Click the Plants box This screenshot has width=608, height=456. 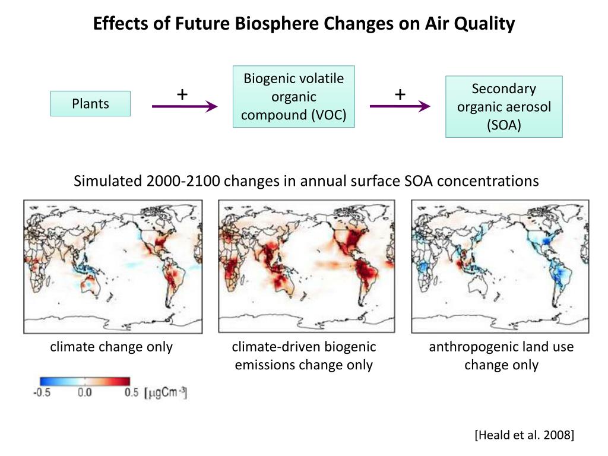pyautogui.click(x=90, y=103)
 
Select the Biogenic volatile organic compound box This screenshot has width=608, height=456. pyautogui.click(x=293, y=97)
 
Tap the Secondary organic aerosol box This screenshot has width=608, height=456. pyautogui.click(x=503, y=107)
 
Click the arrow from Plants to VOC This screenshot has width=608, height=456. pyautogui.click(x=185, y=107)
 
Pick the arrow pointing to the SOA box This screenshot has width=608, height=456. pyautogui.click(x=400, y=107)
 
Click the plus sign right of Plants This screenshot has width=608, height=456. pyautogui.click(x=182, y=94)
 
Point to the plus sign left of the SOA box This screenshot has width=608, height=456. pyautogui.click(x=400, y=94)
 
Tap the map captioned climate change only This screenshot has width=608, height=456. pyautogui.click(x=113, y=266)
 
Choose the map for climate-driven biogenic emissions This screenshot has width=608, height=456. pyautogui.click(x=306, y=266)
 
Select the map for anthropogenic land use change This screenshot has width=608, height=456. pyautogui.click(x=500, y=266)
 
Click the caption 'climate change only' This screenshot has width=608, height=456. pyautogui.click(x=111, y=347)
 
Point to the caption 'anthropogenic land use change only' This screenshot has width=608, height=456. pyautogui.click(x=501, y=356)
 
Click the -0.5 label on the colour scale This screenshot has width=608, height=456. pyautogui.click(x=41, y=393)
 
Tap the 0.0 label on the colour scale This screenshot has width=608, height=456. pyautogui.click(x=84, y=393)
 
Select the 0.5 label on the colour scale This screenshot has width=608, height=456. pyautogui.click(x=131, y=393)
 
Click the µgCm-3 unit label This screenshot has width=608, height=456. pyautogui.click(x=166, y=393)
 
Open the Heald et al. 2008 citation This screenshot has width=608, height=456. pyautogui.click(x=524, y=436)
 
